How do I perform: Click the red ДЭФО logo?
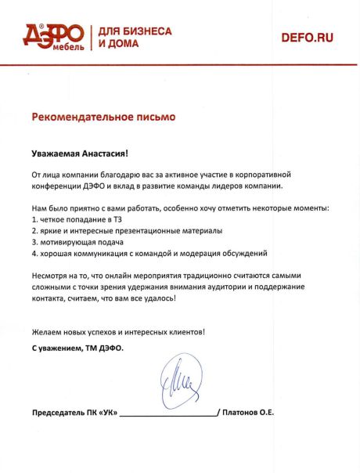pos(53,34)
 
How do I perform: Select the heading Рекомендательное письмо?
pos(104,117)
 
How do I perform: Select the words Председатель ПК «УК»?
pos(75,412)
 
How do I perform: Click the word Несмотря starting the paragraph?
pos(52,276)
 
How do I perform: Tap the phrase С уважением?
pos(56,346)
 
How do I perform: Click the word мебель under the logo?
pos(61,45)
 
